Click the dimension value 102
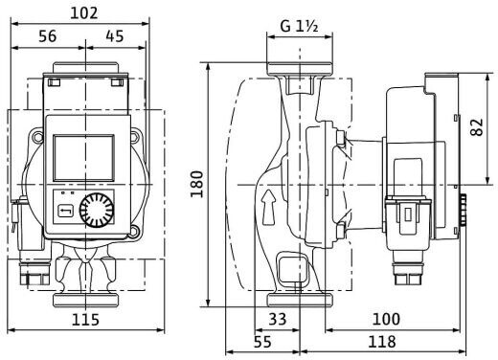click(x=83, y=13)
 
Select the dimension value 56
click(x=48, y=36)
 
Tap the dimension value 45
click(x=115, y=36)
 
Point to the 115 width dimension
click(x=85, y=320)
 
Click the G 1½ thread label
click(x=299, y=26)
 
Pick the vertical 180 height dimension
click(x=197, y=184)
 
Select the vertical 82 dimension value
click(x=477, y=127)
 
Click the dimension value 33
click(x=277, y=319)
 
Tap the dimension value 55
click(x=262, y=342)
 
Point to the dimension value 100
click(x=386, y=319)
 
